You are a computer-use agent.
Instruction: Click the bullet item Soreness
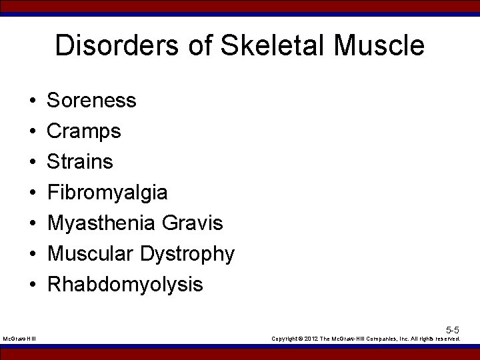pos(92,101)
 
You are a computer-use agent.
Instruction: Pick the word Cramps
pos(84,131)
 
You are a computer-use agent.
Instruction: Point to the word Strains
pos(81,162)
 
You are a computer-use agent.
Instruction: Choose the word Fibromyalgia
pos(107,193)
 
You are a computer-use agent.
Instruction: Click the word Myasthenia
pos(102,223)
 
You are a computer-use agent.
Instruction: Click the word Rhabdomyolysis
pos(125,285)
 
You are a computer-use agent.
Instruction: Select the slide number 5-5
pos(452,329)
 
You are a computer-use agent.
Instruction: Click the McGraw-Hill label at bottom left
pos(20,339)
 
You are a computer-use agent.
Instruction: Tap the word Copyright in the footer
pos(287,339)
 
